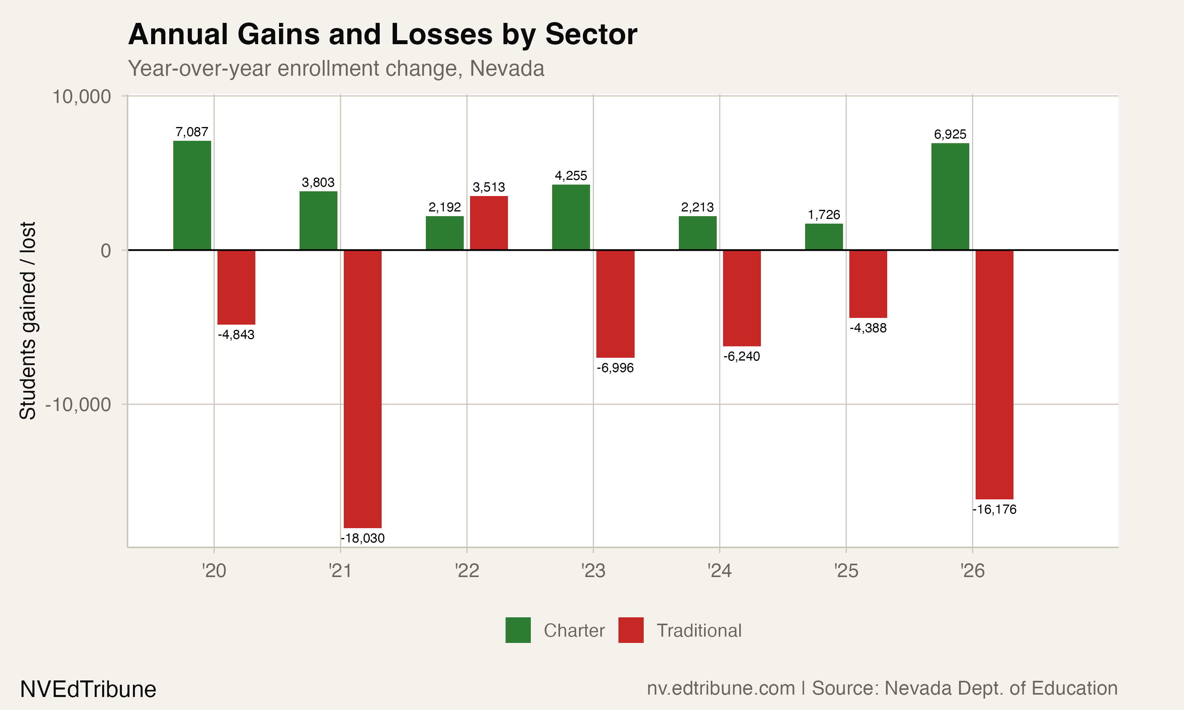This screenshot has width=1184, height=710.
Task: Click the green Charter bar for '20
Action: (192, 195)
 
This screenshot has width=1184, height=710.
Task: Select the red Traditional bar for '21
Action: (362, 389)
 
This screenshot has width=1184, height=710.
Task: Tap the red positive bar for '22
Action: (489, 222)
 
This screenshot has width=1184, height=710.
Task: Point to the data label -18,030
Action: (362, 538)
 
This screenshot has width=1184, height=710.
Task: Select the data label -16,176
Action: (994, 509)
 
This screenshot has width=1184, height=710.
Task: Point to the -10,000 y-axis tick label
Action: (78, 405)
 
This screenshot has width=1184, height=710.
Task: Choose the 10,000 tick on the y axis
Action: (81, 97)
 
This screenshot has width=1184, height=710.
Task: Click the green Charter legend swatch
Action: (518, 630)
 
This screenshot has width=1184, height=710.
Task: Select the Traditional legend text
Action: (699, 631)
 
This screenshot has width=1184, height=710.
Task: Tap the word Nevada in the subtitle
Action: (506, 68)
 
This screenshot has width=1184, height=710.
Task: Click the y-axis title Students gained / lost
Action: (28, 321)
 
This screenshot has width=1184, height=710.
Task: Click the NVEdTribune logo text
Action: (88, 689)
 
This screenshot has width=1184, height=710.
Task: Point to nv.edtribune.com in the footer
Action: (720, 688)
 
